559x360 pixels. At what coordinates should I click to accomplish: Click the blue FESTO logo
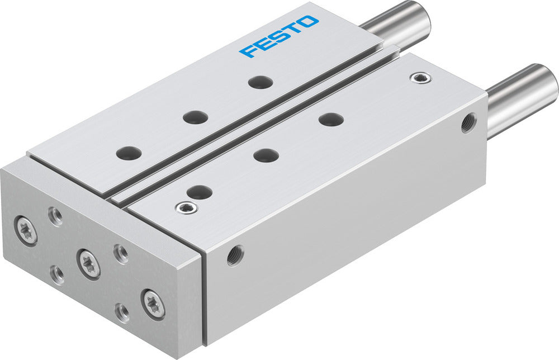click(279, 36)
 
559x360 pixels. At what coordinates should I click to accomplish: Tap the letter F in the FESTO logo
click(247, 51)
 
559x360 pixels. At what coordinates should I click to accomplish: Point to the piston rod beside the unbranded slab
click(523, 99)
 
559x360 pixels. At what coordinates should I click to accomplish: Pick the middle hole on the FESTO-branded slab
click(195, 117)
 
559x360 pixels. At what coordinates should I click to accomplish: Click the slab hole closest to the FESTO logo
click(260, 83)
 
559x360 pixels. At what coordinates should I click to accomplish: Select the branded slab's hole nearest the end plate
click(129, 152)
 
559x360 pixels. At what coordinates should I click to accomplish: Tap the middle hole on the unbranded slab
click(266, 155)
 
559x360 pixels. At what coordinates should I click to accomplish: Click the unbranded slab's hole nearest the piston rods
click(331, 119)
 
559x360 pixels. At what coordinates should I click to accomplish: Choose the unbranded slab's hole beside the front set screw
click(199, 192)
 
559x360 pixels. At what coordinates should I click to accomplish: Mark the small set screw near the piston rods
click(416, 77)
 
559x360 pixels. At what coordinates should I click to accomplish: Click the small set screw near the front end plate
click(183, 208)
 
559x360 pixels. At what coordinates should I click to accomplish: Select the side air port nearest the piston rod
click(468, 123)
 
